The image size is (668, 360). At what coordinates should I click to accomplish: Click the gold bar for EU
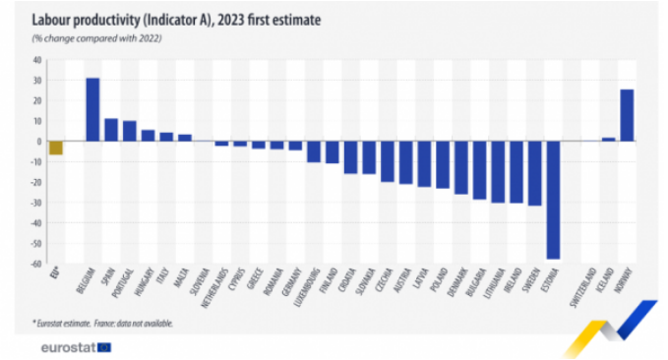(x=56, y=148)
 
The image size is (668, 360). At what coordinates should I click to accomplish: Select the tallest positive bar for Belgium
(x=92, y=109)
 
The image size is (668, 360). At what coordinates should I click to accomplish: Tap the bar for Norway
(x=627, y=115)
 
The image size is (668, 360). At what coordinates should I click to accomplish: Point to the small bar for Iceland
(x=608, y=139)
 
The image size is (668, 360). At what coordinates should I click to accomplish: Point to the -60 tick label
(x=34, y=264)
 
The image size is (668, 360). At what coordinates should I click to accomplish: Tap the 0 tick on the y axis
(x=38, y=141)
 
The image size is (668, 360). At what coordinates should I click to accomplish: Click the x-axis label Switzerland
(x=585, y=286)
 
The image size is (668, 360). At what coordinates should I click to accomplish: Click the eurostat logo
(x=75, y=347)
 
